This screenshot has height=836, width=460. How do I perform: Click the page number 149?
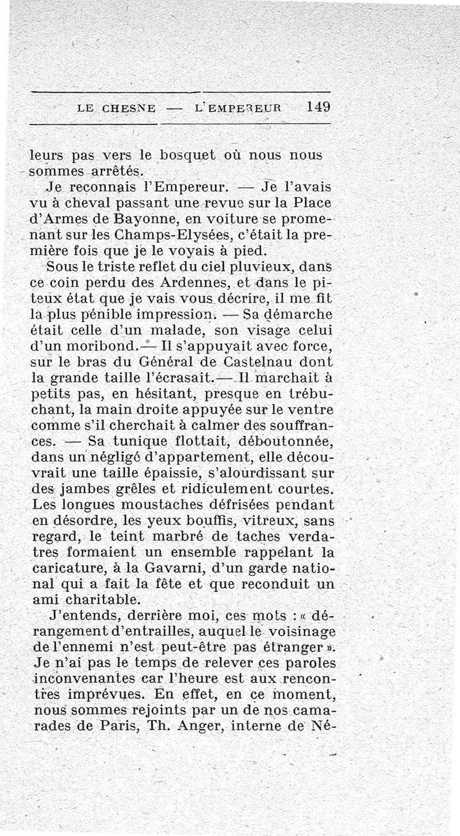pyautogui.click(x=318, y=106)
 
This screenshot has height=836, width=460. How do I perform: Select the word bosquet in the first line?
pyautogui.click(x=187, y=156)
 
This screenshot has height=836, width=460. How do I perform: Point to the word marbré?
pyautogui.click(x=184, y=536)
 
